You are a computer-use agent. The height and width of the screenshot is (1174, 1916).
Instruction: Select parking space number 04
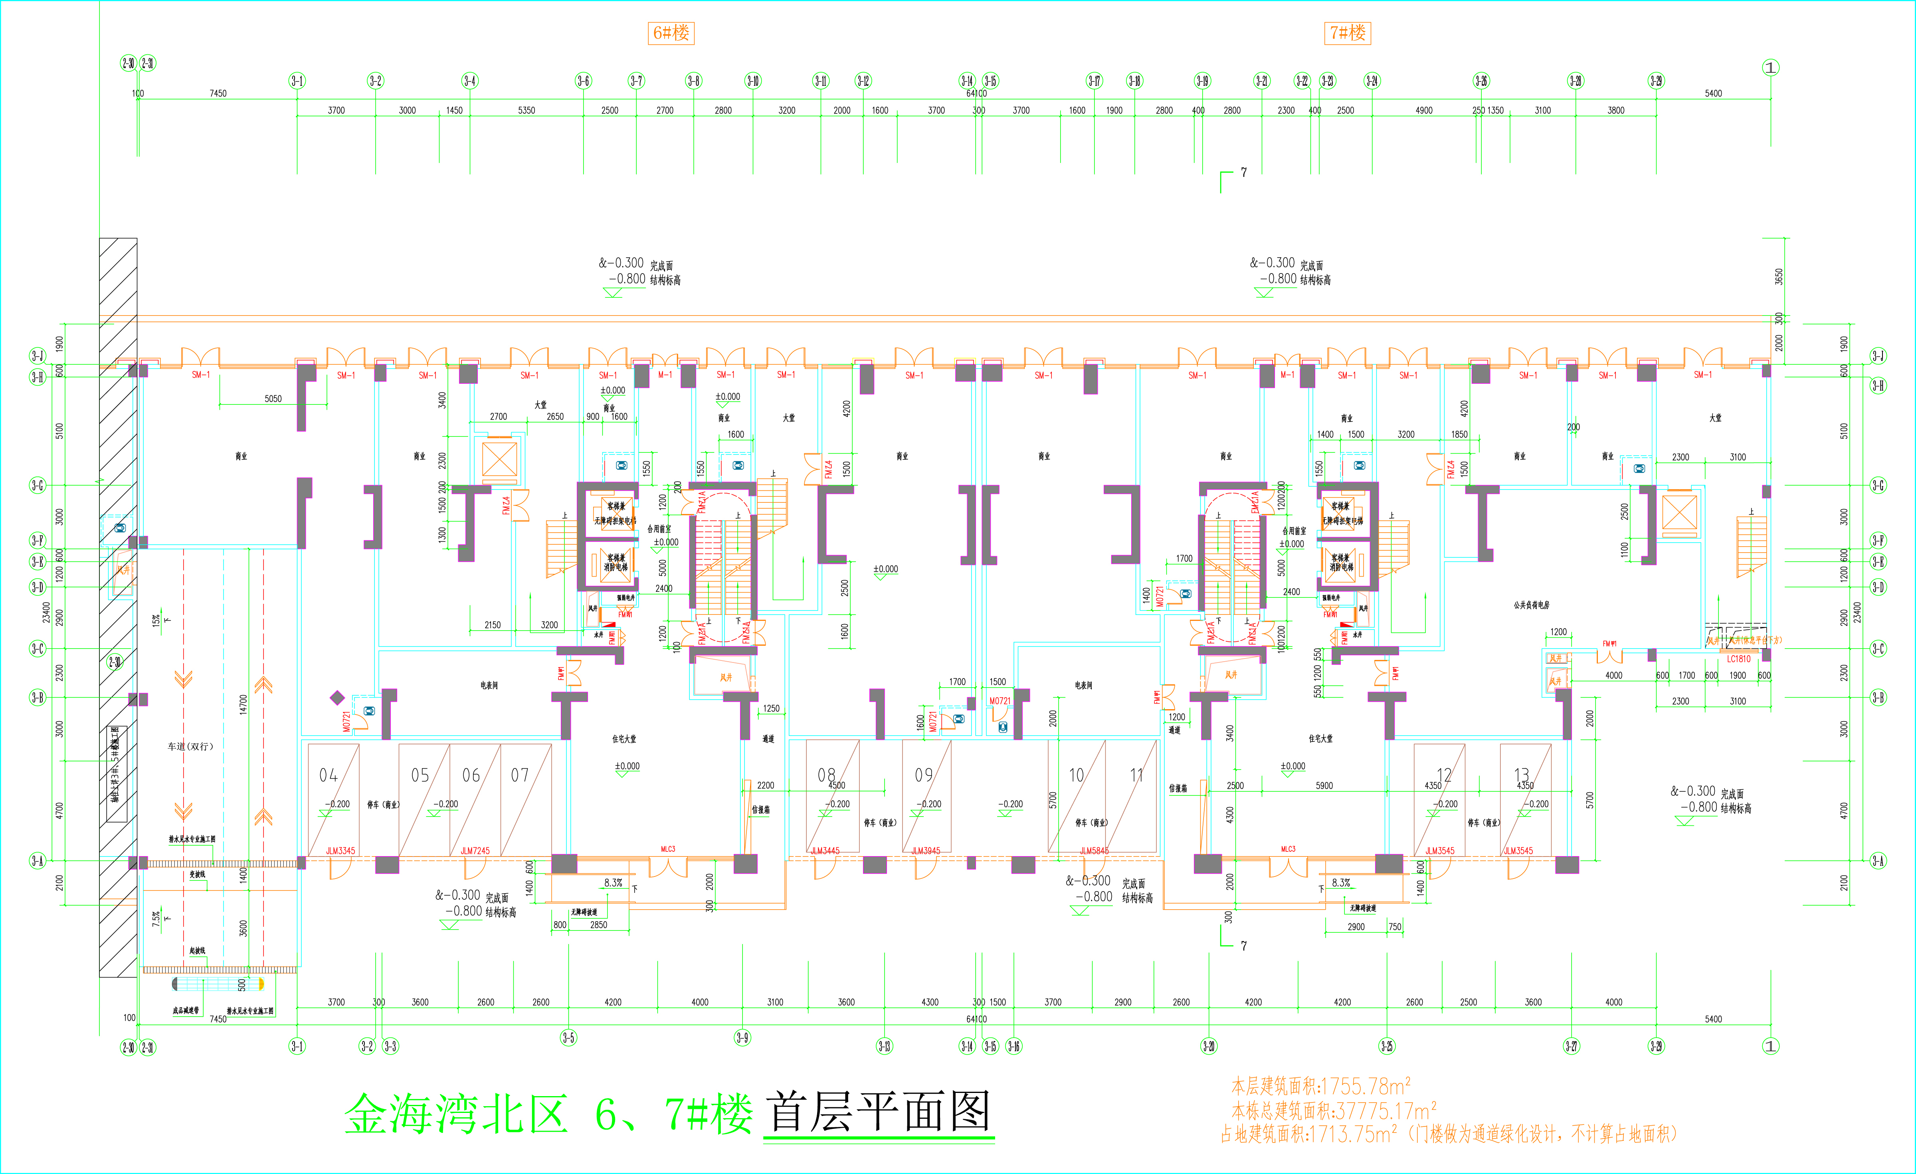click(328, 775)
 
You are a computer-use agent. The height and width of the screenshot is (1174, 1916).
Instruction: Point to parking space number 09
click(923, 775)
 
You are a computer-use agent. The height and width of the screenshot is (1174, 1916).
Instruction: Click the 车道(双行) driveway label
click(190, 746)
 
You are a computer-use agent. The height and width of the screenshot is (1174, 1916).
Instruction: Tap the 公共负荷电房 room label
click(1531, 605)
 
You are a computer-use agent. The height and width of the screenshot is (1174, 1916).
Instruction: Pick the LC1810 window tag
click(1739, 659)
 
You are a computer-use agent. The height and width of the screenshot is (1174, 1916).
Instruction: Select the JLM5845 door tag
click(1094, 851)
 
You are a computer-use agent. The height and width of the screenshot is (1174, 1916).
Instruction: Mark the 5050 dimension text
click(273, 399)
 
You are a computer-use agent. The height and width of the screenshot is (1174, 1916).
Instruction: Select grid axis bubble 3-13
click(884, 1046)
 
